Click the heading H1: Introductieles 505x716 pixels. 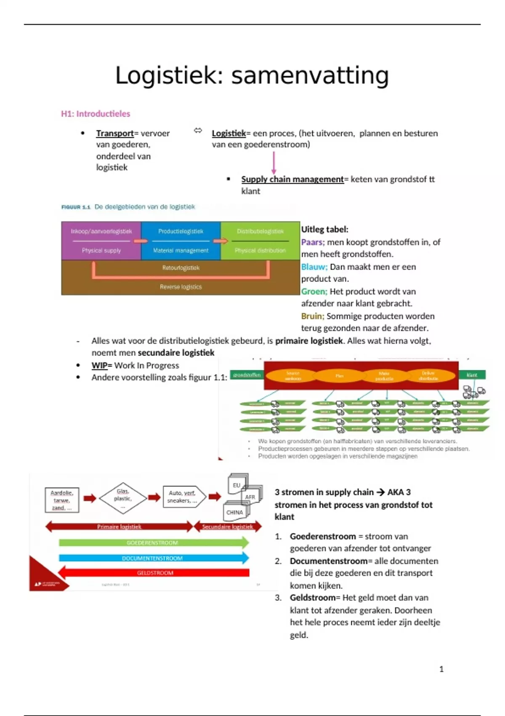96,114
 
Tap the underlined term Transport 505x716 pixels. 114,134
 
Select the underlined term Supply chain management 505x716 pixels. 292,179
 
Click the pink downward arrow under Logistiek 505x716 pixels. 274,163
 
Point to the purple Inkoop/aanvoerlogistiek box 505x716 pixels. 101,240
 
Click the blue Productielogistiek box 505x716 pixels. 181,240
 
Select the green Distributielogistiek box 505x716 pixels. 260,240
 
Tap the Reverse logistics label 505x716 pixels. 181,287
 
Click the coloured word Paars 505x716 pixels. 312,242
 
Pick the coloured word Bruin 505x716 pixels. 312,316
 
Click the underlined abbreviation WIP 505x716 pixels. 99,366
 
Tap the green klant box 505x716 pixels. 472,374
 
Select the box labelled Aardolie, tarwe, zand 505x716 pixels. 62,500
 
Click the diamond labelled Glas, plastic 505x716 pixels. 123,498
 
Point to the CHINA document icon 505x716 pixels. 234,512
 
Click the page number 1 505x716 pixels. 441,669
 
